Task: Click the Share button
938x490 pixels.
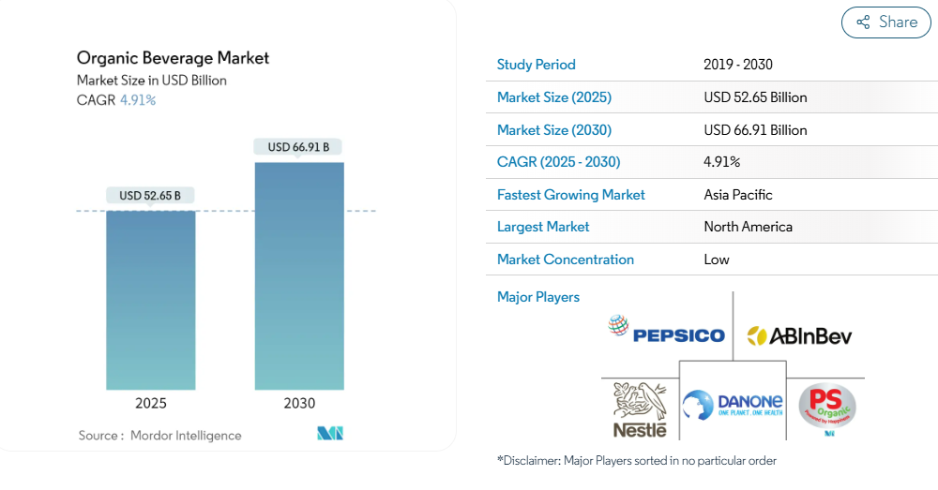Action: pos(885,22)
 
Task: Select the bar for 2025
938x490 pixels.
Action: pos(150,300)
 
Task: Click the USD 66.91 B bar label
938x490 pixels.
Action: pos(298,147)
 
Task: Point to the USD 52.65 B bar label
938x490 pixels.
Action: pos(150,196)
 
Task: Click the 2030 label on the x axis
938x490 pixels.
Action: pos(299,404)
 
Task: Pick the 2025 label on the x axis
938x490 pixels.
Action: pos(150,404)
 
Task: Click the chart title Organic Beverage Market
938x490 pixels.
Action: pos(173,58)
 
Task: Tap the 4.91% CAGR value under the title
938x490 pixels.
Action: pos(138,100)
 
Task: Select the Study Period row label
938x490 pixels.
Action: pos(536,65)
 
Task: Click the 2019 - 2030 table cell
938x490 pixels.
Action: pos(737,65)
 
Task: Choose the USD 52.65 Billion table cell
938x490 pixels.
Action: pos(755,97)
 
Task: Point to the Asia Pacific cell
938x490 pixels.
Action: pos(738,195)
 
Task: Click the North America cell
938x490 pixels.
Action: pos(748,227)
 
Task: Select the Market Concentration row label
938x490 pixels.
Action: pos(565,260)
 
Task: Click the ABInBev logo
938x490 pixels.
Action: pos(798,335)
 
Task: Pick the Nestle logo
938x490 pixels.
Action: pos(640,410)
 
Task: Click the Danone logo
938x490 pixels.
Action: pos(733,406)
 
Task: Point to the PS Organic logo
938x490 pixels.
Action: pos(826,408)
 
